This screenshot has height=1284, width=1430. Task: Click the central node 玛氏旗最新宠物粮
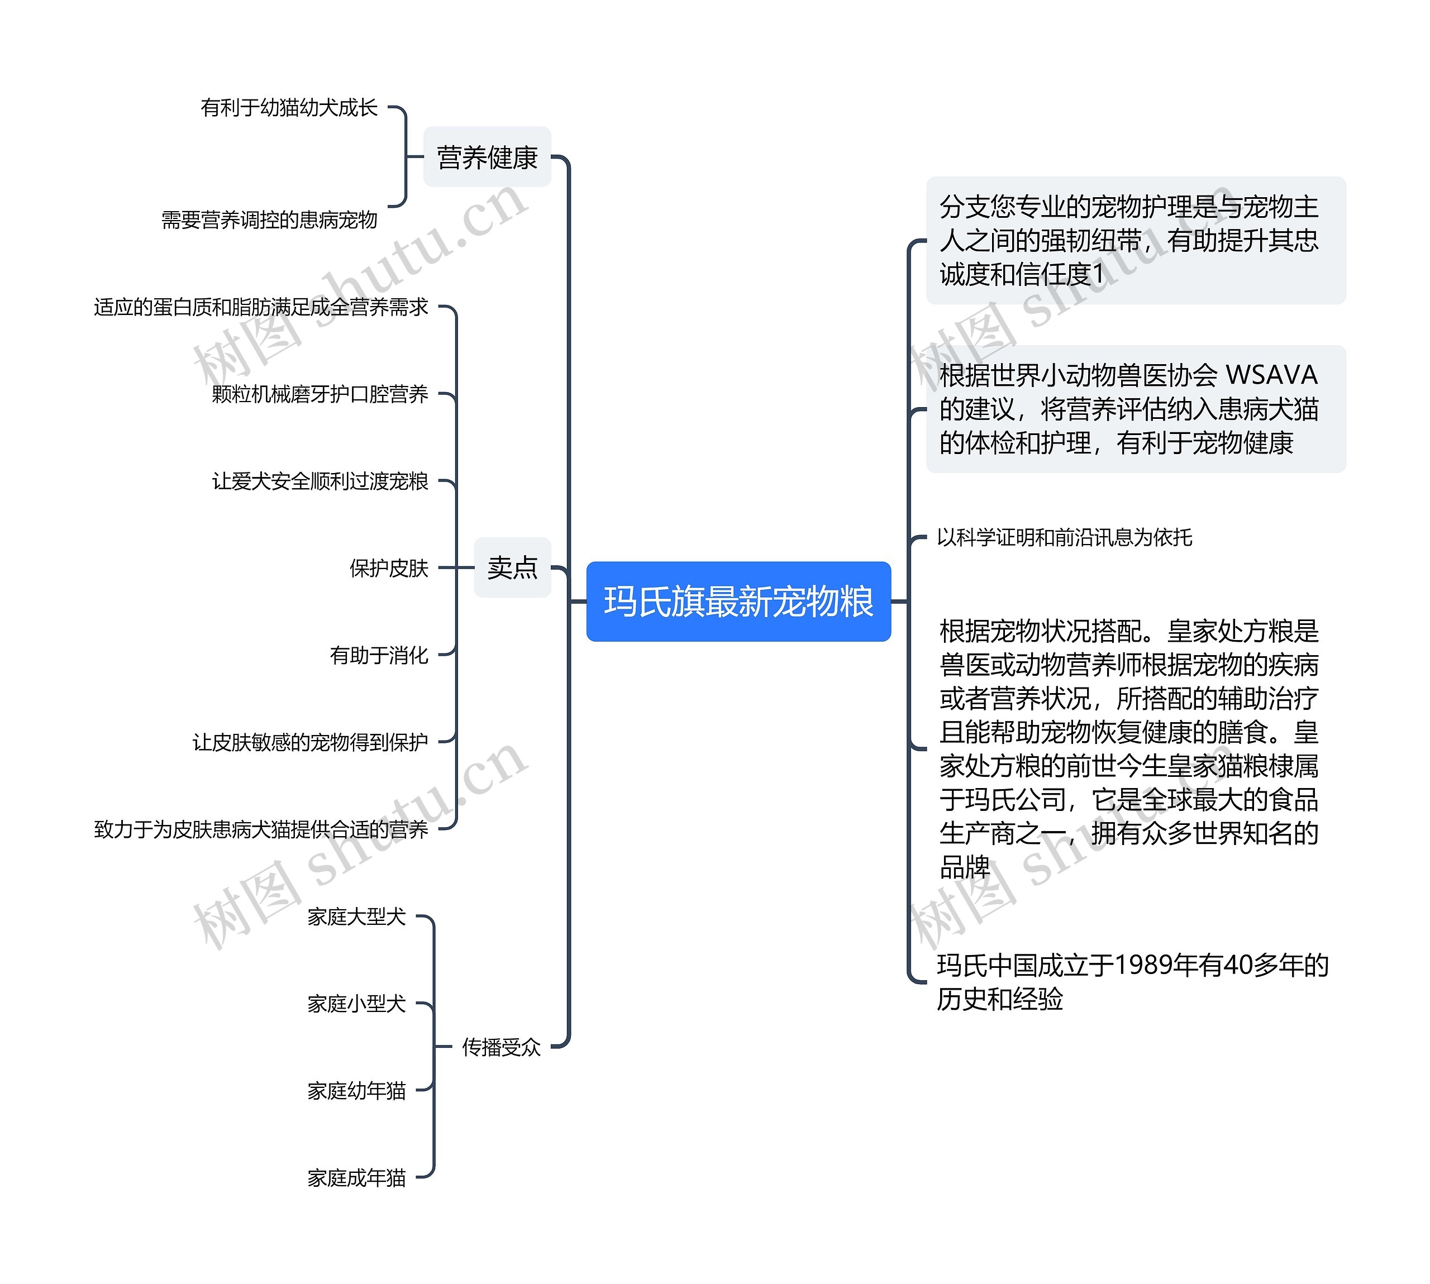(x=738, y=601)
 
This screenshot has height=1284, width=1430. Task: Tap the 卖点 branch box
(x=512, y=567)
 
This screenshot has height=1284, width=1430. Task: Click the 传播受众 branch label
(x=501, y=1047)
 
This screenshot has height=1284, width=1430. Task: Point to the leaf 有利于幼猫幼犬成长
(x=289, y=108)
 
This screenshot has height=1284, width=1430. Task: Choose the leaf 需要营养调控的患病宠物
(x=269, y=220)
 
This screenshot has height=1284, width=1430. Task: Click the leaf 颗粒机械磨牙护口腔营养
(x=320, y=394)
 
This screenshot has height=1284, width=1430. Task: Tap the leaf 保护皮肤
(x=389, y=568)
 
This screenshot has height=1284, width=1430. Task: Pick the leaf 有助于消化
(x=379, y=656)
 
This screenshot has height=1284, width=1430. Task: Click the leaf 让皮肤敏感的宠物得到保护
(x=311, y=742)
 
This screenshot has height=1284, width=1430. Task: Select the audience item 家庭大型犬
(x=356, y=917)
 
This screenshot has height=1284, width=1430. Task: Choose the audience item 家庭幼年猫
(x=356, y=1091)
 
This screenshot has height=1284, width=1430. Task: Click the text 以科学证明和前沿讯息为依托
(x=1065, y=538)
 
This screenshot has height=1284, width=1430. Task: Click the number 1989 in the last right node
(x=1143, y=965)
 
